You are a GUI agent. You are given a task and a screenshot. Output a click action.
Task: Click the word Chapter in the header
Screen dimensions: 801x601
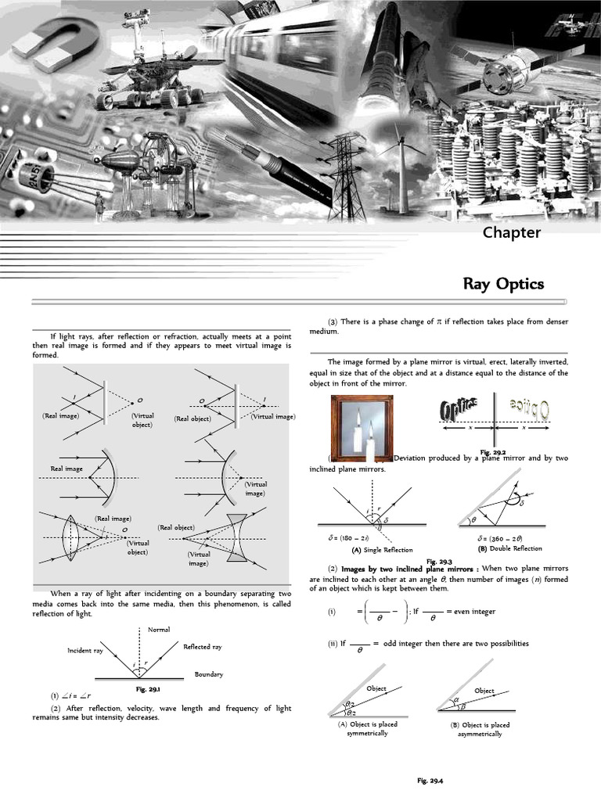[511, 232]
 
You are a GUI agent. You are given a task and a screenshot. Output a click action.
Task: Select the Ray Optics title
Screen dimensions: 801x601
[503, 283]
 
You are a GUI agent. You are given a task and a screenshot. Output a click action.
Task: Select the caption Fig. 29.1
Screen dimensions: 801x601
[148, 689]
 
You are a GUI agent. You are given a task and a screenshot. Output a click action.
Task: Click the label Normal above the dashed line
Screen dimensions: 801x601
[159, 630]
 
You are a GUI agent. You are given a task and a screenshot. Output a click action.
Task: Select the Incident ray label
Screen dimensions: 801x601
[85, 651]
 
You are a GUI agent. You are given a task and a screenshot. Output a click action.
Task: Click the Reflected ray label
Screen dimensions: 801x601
[203, 647]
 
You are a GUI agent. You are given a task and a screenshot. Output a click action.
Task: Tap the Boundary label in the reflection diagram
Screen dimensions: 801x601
[209, 673]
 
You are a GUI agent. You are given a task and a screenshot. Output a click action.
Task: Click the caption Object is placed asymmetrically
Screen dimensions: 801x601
[480, 730]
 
